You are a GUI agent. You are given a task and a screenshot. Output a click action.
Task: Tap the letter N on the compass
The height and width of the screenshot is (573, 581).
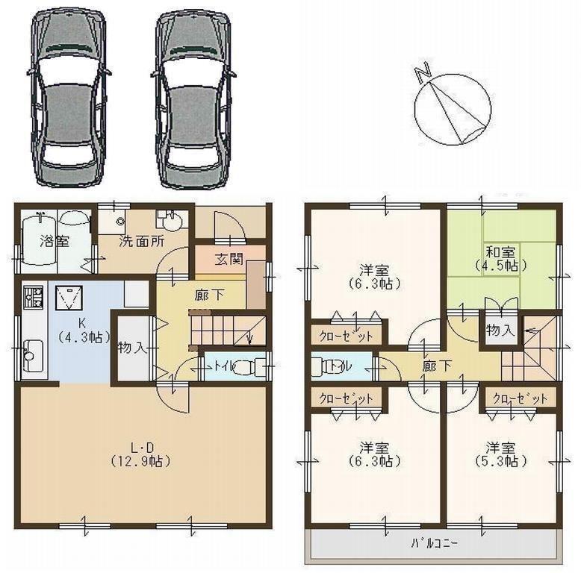click(x=423, y=72)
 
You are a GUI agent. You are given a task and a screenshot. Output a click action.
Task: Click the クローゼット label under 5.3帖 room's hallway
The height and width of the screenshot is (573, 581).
click(x=520, y=398)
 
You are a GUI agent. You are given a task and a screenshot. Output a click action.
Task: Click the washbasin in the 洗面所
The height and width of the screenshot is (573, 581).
click(x=171, y=222)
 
